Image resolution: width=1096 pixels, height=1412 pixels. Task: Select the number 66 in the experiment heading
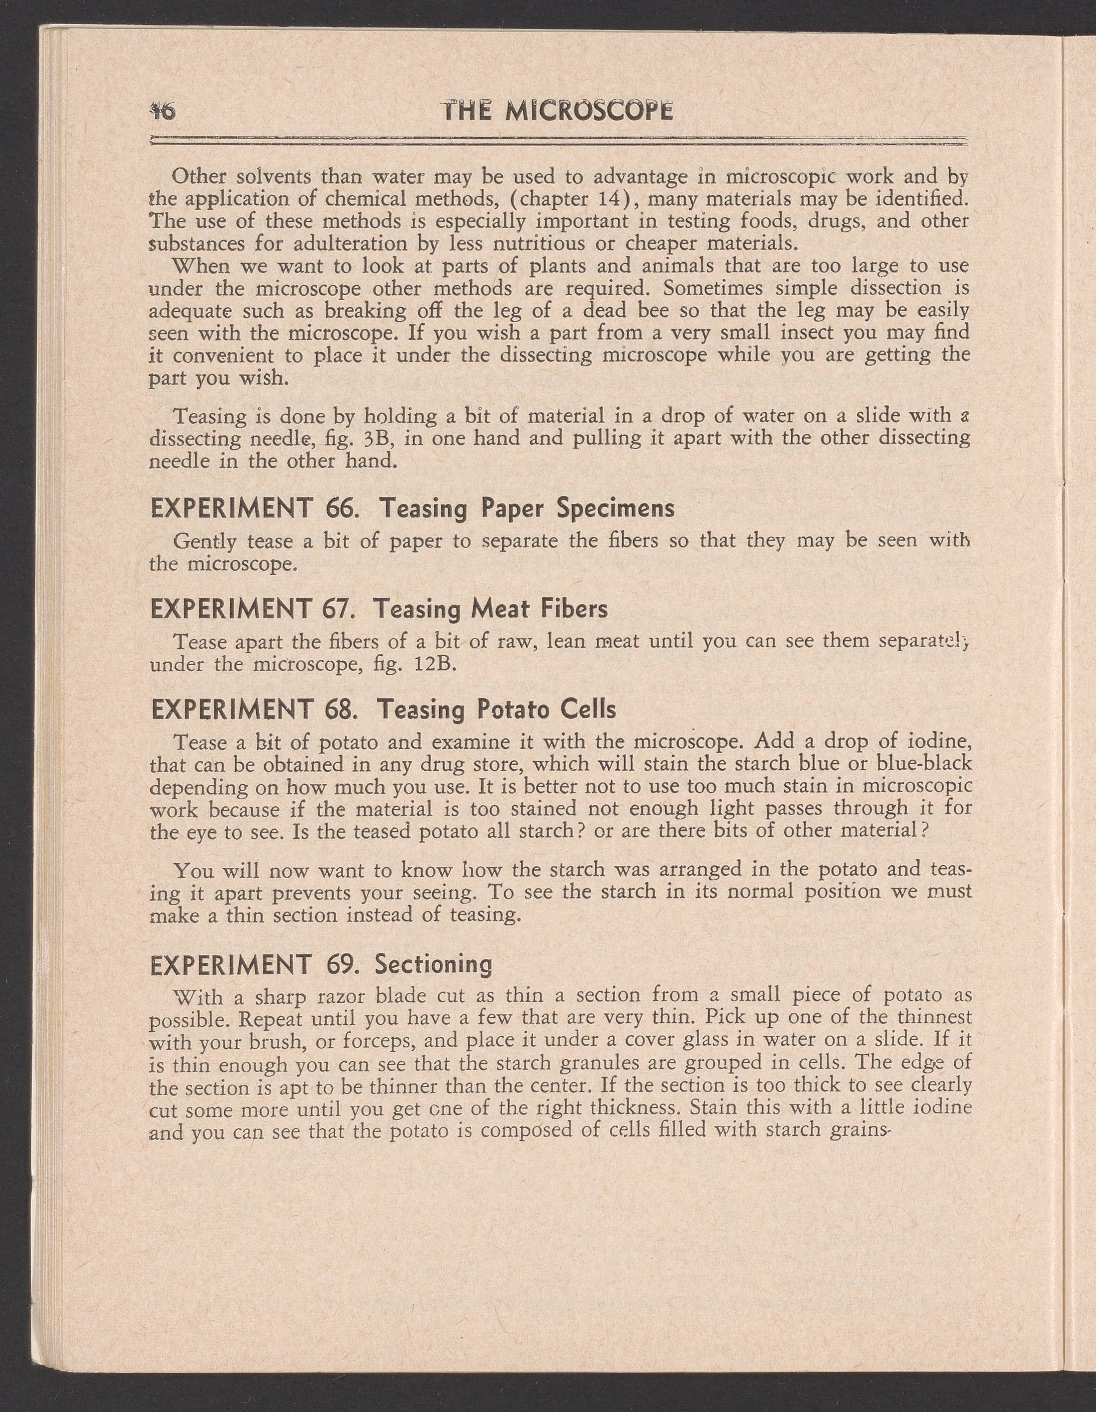[341, 508]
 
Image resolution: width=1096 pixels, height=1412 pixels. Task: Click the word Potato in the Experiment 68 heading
[514, 710]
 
